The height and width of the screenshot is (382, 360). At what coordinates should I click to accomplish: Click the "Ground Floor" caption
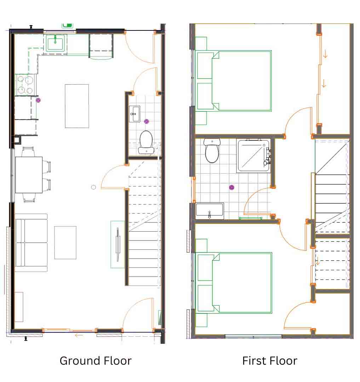96,361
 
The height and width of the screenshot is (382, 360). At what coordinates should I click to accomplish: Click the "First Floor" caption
269,361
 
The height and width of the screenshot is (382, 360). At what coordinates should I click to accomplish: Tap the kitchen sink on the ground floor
55,44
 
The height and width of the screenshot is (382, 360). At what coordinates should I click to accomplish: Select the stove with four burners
25,85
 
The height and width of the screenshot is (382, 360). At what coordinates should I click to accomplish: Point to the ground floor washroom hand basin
134,114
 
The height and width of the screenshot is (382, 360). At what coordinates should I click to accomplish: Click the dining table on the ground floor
29,175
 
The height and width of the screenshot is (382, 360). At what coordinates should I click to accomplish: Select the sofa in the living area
31,243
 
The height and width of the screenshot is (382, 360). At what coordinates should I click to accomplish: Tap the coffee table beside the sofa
65,243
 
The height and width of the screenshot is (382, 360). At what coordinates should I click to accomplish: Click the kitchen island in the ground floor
77,106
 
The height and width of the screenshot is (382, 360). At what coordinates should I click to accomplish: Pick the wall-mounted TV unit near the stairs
118,244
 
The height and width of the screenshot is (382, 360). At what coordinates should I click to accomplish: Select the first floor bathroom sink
210,211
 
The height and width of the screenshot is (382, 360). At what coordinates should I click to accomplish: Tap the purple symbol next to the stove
39,100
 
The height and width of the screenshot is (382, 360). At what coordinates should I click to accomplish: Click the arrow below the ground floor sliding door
79,335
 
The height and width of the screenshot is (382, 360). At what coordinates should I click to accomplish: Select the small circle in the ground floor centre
93,187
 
